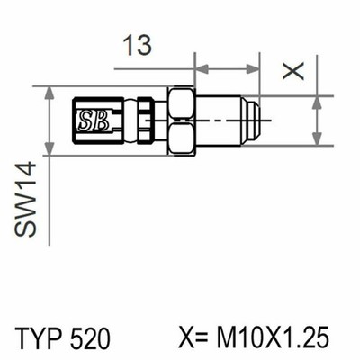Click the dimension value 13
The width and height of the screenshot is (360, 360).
(x=138, y=46)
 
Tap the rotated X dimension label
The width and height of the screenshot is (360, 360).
(x=293, y=71)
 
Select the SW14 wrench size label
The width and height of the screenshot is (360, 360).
(x=26, y=200)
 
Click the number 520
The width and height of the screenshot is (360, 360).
(x=91, y=337)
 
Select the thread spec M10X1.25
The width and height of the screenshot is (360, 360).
(x=273, y=337)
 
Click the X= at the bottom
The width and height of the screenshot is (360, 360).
(x=193, y=337)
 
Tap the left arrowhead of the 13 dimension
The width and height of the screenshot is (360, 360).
(x=202, y=69)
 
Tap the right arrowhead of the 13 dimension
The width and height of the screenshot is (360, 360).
(x=253, y=69)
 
